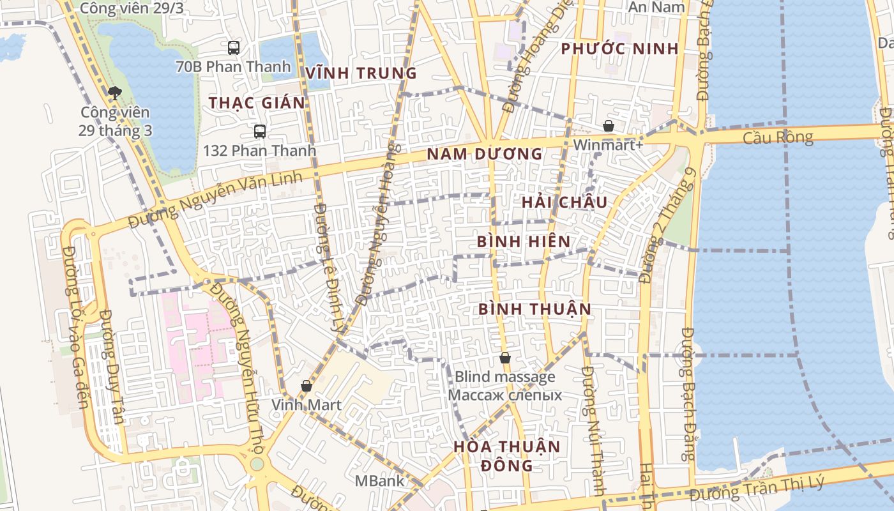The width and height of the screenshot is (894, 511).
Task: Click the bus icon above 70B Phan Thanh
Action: pyautogui.click(x=234, y=47)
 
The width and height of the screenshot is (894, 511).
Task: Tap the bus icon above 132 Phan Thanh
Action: pyautogui.click(x=259, y=132)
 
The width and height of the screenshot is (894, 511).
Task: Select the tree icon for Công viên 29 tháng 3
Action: pyautogui.click(x=115, y=94)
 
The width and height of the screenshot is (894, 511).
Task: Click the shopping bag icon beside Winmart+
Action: pyautogui.click(x=609, y=126)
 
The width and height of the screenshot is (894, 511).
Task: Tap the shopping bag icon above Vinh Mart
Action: pyautogui.click(x=307, y=386)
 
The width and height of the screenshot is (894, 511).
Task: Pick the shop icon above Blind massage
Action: pyautogui.click(x=505, y=358)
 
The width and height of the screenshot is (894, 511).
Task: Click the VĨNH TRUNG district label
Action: pyautogui.click(x=361, y=73)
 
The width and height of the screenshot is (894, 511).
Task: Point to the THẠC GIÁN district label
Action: pyautogui.click(x=257, y=103)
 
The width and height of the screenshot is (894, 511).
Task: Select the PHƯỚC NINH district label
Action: pyautogui.click(x=619, y=49)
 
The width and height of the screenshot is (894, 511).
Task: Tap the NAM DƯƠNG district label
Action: pyautogui.click(x=484, y=154)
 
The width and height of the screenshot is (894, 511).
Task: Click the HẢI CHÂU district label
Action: pyautogui.click(x=564, y=202)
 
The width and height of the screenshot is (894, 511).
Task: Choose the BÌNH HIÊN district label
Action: pyautogui.click(x=524, y=241)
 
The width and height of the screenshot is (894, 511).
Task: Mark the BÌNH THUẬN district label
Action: pyautogui.click(x=534, y=309)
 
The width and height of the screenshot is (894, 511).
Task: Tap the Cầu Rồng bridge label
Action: pyautogui.click(x=778, y=137)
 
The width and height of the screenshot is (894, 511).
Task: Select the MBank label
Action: pyautogui.click(x=380, y=480)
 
